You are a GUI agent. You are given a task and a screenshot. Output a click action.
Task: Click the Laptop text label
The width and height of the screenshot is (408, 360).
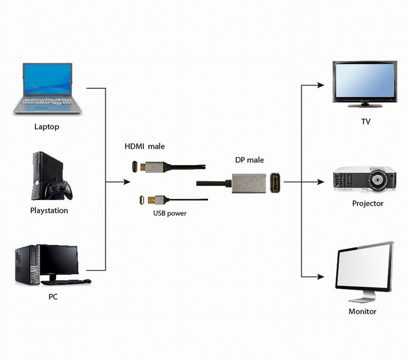(47, 126)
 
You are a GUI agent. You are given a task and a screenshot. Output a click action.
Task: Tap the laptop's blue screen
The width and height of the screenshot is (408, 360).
(47, 80)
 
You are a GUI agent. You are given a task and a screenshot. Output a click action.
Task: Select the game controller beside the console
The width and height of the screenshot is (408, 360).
(58, 190)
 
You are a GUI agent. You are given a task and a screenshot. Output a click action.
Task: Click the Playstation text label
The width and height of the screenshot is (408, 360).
(49, 210)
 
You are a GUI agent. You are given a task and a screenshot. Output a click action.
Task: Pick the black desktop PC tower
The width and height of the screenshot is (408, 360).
(27, 265)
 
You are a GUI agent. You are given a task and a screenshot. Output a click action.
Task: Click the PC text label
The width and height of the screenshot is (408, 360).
(53, 297)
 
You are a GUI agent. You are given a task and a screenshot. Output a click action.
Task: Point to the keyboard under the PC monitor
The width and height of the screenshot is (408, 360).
(65, 282)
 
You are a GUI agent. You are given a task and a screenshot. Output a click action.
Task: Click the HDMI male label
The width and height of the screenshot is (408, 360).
(144, 147)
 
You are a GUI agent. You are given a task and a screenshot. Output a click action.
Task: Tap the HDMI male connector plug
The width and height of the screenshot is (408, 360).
(135, 167)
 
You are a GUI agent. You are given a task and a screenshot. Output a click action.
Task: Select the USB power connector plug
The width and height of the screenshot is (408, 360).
(142, 200)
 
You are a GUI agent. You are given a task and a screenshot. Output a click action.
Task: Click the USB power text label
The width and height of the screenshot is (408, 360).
(170, 213)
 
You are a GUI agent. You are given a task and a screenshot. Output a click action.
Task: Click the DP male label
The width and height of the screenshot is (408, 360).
(249, 160)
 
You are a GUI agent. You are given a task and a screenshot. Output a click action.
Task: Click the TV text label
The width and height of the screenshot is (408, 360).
(365, 122)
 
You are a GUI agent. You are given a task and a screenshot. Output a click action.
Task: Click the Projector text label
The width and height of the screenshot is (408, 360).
(367, 203)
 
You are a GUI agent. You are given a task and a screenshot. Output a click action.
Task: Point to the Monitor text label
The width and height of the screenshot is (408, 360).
(362, 311)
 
